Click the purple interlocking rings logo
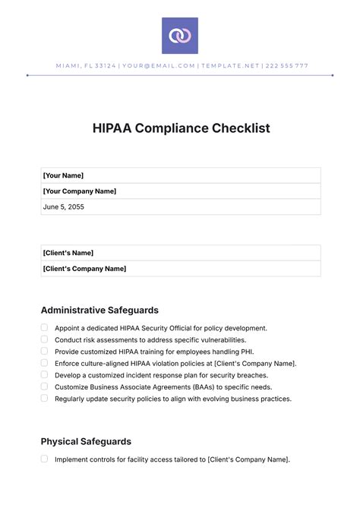[180, 36]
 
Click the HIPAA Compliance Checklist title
[180, 128]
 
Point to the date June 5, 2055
[65, 207]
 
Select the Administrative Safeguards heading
[99, 310]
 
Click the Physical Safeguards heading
[86, 441]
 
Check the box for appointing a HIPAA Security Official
[44, 328]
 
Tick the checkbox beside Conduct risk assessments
[44, 339]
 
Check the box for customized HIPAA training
[44, 352]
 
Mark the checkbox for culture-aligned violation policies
[44, 363]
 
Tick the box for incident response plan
[44, 375]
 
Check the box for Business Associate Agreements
[44, 387]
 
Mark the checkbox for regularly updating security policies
[44, 398]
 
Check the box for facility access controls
[44, 459]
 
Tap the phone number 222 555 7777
[286, 66]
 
